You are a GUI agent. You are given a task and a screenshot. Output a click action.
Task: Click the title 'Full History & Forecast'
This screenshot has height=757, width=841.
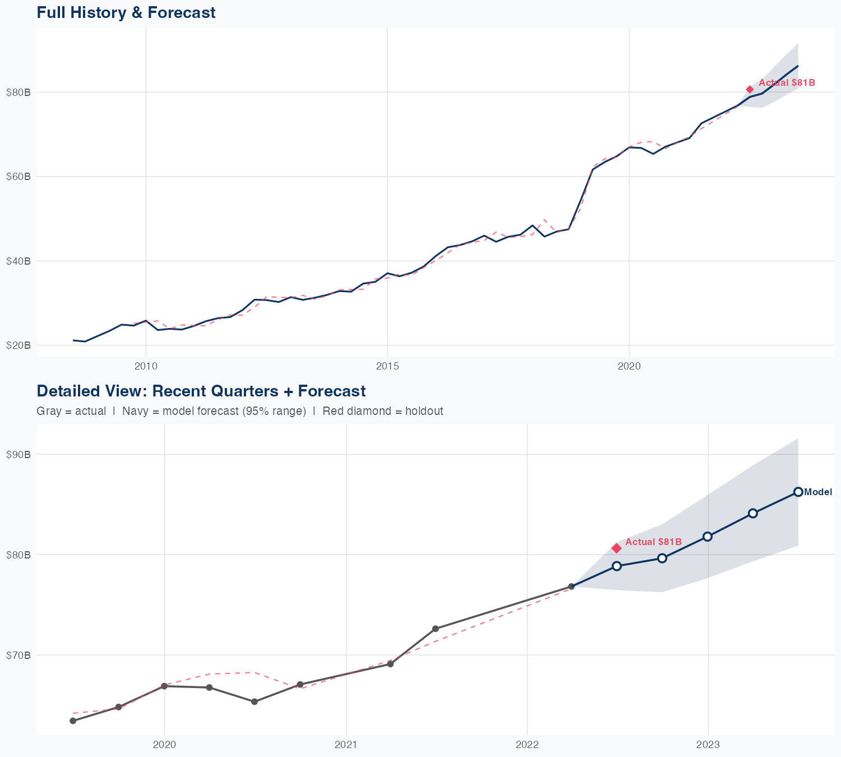click(x=126, y=12)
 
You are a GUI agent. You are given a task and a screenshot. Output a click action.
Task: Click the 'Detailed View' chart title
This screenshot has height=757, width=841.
click(x=201, y=391)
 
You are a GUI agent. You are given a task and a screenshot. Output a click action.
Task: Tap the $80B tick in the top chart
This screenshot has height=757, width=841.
click(x=19, y=93)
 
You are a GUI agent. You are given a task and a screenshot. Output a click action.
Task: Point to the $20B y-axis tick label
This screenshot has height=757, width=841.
click(x=19, y=345)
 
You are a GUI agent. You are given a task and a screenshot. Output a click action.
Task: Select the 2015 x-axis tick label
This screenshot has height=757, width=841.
click(x=387, y=367)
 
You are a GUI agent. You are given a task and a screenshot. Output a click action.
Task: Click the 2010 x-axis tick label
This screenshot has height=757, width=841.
click(x=146, y=367)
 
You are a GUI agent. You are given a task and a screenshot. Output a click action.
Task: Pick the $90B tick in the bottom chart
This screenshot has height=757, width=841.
click(x=19, y=455)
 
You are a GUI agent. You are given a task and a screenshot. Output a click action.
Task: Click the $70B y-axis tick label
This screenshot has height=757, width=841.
click(x=19, y=655)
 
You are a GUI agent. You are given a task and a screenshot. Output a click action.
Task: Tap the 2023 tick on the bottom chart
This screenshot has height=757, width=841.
click(x=708, y=745)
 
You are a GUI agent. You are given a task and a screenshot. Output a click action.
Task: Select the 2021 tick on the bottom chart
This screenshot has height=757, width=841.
click(x=346, y=745)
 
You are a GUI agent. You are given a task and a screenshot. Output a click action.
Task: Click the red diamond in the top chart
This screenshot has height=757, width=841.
click(x=750, y=90)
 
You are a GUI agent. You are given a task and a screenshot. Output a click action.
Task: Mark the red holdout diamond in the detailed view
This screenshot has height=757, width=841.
click(x=616, y=548)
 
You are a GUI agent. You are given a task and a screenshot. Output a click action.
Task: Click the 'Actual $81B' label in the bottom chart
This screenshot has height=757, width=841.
click(x=653, y=542)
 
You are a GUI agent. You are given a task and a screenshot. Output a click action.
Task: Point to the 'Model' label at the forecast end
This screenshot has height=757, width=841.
click(x=818, y=492)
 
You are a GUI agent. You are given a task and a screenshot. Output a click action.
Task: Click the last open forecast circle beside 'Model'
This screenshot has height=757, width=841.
click(x=798, y=492)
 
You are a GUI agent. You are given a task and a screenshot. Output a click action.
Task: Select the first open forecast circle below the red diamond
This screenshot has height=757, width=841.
click(x=617, y=566)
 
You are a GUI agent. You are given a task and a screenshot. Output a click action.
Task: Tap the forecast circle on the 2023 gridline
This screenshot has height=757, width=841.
click(x=708, y=537)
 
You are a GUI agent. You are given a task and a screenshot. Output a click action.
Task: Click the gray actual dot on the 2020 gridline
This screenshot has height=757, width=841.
click(x=164, y=686)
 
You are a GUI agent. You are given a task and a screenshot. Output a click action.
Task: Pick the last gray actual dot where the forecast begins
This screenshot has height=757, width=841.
click(x=571, y=587)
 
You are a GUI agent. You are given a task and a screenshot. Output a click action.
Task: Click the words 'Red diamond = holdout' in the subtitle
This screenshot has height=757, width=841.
click(x=383, y=411)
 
